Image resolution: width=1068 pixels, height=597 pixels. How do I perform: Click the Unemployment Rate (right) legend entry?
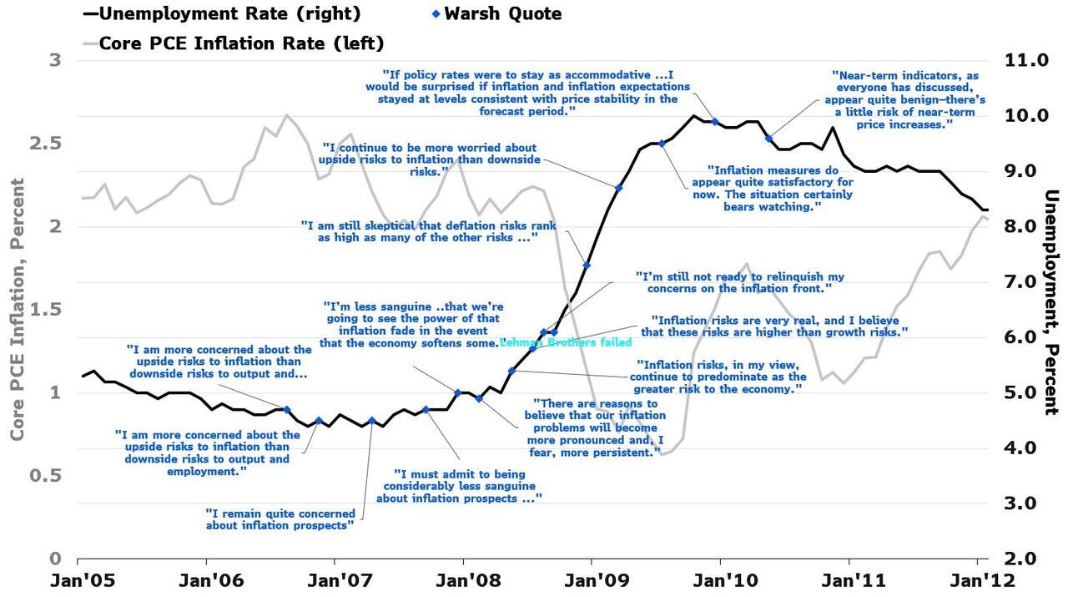click(221, 14)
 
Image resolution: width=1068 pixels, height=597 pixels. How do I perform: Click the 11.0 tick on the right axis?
click(1016, 60)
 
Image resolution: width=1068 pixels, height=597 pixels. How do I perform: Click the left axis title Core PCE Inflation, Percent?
click(18, 309)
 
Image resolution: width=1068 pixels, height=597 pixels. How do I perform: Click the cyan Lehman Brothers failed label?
click(565, 342)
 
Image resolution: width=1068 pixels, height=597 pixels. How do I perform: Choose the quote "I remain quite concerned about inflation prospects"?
click(280, 519)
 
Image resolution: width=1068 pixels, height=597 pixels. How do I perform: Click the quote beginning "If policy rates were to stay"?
click(527, 92)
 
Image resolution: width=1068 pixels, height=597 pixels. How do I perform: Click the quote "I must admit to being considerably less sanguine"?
click(459, 485)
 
